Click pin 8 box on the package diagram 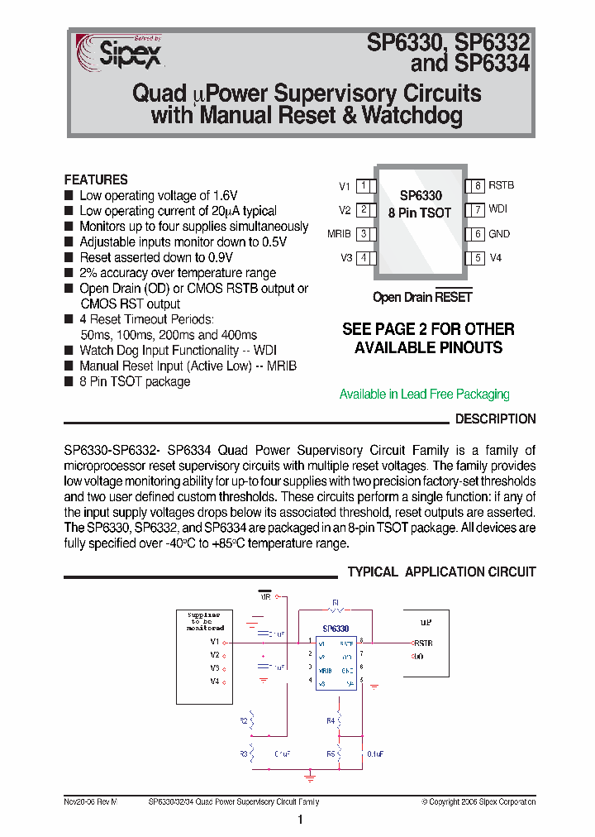477,187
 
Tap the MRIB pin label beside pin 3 339,234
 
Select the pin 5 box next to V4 477,258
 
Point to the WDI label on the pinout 498,210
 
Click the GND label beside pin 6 499,234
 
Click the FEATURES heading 96,179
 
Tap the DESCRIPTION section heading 495,419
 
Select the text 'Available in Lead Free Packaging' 424,395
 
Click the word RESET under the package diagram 454,298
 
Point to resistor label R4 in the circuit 330,721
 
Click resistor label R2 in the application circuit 244,721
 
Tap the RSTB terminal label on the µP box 423,643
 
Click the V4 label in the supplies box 214,682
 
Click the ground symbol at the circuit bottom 309,777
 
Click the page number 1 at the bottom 300,820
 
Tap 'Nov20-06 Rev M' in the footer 90,802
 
